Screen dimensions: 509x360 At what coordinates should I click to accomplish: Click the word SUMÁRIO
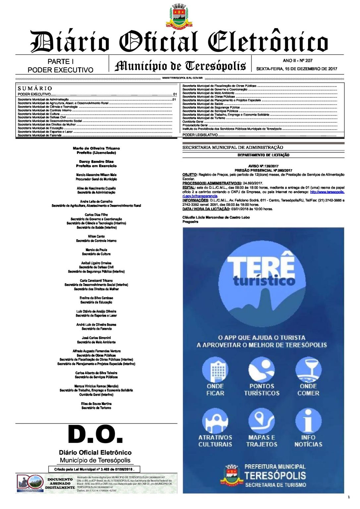coord(35,88)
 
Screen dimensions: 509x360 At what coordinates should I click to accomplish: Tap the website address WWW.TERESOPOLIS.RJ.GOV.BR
coord(182,78)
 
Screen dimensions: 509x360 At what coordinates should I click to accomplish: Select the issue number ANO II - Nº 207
coord(297,61)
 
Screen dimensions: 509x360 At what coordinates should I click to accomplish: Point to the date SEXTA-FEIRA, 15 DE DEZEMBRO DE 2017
coord(296,69)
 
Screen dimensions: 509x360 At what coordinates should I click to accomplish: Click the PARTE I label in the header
coord(60,62)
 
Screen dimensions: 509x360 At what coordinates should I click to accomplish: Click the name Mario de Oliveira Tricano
coord(96,148)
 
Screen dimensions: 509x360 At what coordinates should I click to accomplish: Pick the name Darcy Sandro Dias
coord(96,162)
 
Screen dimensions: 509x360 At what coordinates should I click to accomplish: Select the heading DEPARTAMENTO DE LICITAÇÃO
coord(263,155)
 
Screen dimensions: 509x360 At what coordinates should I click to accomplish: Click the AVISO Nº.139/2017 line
coord(263,166)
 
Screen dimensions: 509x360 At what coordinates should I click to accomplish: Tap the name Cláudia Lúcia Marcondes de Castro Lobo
coord(216,217)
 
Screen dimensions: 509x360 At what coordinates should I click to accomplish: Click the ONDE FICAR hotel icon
coord(215,370)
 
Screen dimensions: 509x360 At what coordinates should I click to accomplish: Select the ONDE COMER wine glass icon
coord(308,370)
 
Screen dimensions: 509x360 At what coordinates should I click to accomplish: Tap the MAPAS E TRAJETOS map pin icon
coord(262,421)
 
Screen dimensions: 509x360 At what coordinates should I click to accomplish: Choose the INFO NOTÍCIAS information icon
coord(308,421)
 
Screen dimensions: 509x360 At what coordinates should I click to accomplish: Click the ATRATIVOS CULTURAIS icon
coord(215,421)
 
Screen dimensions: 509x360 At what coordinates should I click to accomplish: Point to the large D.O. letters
coord(95,434)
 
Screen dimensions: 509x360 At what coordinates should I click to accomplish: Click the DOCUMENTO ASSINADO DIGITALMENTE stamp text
coord(60,483)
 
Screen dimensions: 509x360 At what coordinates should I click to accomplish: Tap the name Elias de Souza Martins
coord(96,404)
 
